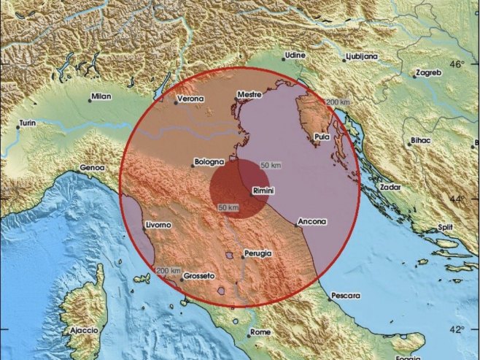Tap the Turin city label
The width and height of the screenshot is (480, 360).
(x=28, y=124)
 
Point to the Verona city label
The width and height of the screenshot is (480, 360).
(x=191, y=99)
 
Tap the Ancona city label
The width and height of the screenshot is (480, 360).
(x=312, y=221)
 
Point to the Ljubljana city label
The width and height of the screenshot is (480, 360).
(x=361, y=55)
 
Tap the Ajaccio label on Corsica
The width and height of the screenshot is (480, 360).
(x=83, y=330)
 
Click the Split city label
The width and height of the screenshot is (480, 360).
(x=445, y=227)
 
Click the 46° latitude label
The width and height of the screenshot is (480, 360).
(x=457, y=65)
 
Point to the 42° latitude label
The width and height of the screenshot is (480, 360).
(x=457, y=329)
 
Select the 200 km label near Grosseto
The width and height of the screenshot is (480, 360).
(x=168, y=270)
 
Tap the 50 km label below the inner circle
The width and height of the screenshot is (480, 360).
(x=228, y=208)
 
